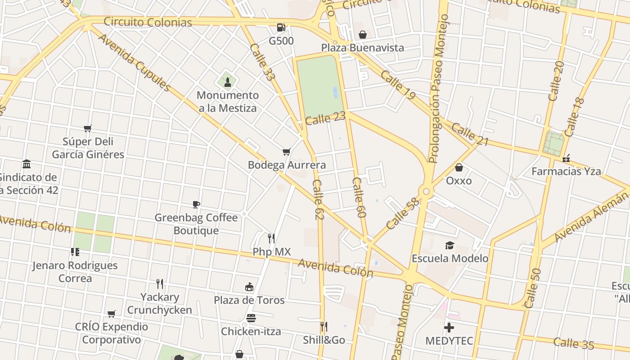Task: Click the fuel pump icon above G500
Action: point(281,27)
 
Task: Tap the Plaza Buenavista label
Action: point(362,48)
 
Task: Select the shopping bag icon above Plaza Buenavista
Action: point(362,35)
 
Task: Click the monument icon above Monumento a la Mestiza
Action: point(228,82)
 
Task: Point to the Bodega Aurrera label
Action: point(287,165)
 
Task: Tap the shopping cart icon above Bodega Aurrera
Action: point(287,152)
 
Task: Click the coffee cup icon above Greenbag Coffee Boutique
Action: point(196,204)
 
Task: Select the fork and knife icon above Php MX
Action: point(271,238)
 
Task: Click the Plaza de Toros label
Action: point(249,300)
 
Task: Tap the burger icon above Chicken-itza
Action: point(251,318)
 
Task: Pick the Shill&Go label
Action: point(324,340)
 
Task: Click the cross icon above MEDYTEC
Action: point(449,327)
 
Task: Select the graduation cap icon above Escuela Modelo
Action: point(450,245)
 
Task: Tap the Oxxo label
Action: point(459,181)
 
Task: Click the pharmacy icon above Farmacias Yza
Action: point(566,158)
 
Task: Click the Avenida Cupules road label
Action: point(134,62)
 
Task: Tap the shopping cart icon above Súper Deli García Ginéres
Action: point(88,128)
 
